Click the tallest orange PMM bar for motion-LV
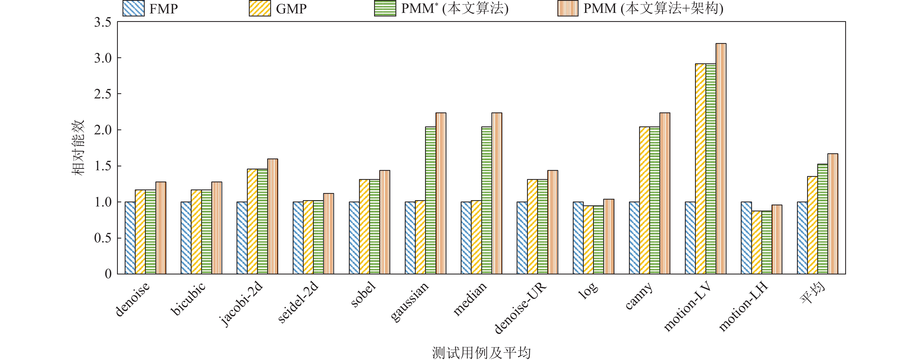click(721, 158)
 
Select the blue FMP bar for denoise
click(130, 238)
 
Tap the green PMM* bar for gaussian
click(430, 200)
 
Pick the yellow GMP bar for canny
click(644, 200)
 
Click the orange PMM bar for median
click(497, 193)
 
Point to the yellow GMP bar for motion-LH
click(756, 242)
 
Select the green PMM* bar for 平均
click(822, 219)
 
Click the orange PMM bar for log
click(609, 236)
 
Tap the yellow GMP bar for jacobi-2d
click(252, 222)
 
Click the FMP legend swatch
click(133, 8)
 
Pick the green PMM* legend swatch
click(385, 8)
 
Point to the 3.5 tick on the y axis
click(102, 22)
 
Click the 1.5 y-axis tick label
click(102, 166)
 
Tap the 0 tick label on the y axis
click(108, 274)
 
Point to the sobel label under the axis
click(363, 295)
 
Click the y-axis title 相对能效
click(78, 148)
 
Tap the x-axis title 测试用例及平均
click(481, 353)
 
